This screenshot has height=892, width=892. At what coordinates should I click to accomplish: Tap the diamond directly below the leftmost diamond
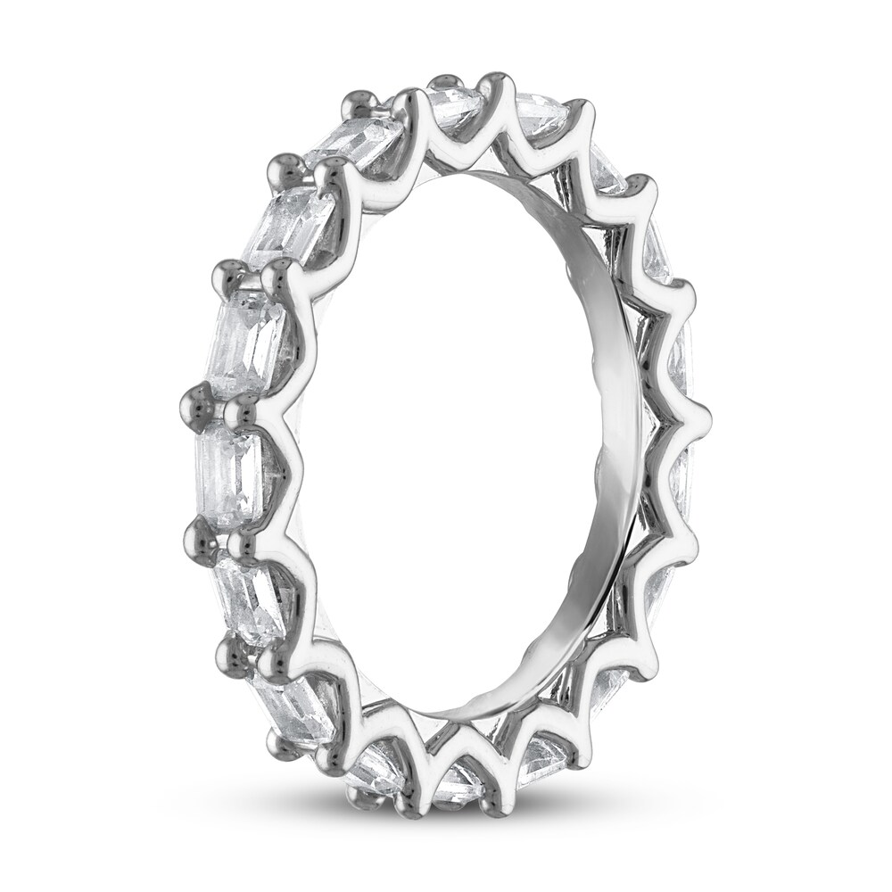click(247, 590)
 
